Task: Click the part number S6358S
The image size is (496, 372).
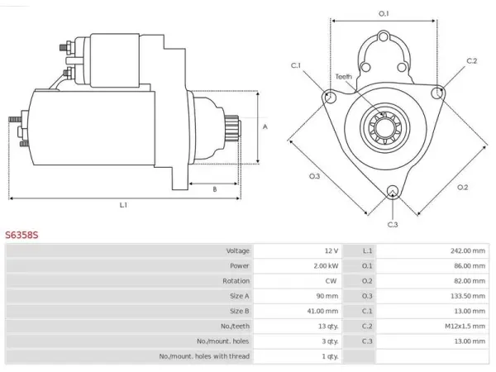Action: click(x=21, y=235)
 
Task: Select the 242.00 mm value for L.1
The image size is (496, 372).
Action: click(x=468, y=250)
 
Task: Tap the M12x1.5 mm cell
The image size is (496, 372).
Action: click(x=465, y=327)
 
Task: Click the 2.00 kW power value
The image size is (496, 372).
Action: click(x=326, y=265)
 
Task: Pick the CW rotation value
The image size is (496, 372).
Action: click(x=331, y=281)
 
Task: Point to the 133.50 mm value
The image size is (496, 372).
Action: click(x=468, y=296)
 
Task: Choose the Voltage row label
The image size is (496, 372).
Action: click(x=237, y=250)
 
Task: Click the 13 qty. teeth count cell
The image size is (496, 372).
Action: click(x=328, y=327)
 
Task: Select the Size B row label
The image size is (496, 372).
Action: click(x=239, y=312)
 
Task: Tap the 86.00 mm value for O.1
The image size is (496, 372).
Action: click(x=470, y=265)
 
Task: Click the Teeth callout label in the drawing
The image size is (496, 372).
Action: click(x=344, y=77)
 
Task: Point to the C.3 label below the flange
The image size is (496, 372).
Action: click(x=392, y=225)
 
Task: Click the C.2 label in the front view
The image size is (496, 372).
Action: click(x=472, y=60)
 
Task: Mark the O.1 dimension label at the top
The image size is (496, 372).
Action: click(x=384, y=13)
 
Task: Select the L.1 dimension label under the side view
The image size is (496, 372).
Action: click(x=123, y=205)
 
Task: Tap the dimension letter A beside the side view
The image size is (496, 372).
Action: click(x=265, y=126)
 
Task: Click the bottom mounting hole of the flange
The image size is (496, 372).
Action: click(x=392, y=191)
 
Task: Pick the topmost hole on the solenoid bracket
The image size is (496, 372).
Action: click(x=384, y=36)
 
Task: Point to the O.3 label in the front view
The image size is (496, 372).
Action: click(x=314, y=176)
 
